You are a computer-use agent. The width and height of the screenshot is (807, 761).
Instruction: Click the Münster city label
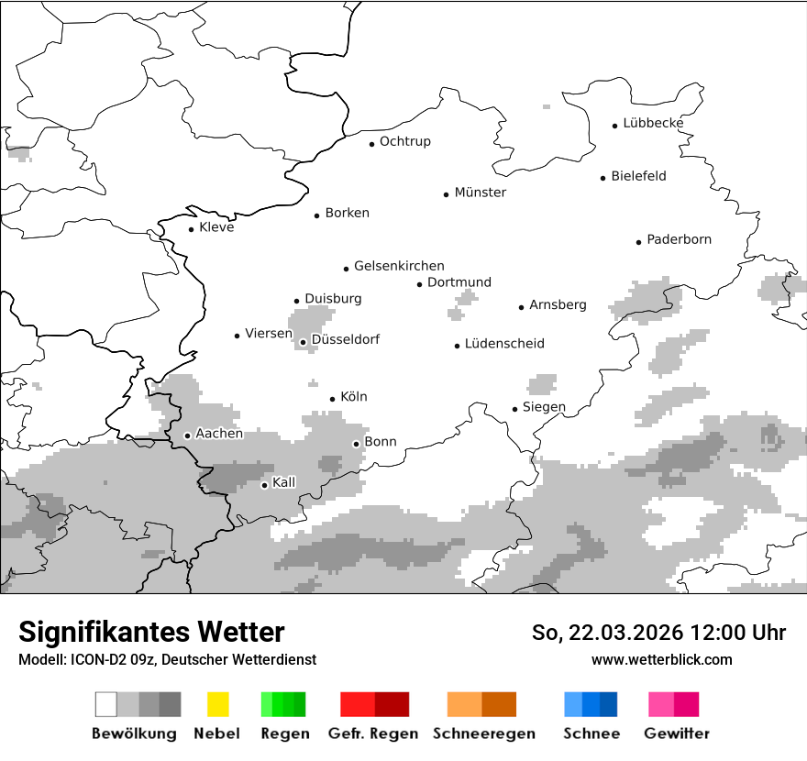[480, 193]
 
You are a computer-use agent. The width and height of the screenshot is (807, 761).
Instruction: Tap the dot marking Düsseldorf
[303, 342]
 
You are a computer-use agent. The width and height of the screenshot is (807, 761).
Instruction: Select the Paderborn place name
[679, 239]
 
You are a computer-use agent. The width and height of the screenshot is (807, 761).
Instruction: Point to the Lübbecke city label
[653, 123]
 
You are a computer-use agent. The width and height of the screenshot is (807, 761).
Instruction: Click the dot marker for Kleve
[191, 229]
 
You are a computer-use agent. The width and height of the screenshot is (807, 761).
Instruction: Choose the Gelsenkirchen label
[399, 266]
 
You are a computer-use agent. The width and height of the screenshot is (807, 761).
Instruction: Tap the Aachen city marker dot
[187, 436]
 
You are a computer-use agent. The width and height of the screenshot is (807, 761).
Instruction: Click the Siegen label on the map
[544, 407]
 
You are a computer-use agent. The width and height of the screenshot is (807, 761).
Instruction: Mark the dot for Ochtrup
[371, 143]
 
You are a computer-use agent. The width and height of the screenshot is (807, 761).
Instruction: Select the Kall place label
[284, 482]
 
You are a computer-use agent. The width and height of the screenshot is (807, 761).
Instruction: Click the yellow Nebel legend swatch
[217, 704]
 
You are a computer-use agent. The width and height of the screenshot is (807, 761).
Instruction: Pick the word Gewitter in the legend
[676, 733]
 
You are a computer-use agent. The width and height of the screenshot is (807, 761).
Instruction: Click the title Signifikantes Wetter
[151, 632]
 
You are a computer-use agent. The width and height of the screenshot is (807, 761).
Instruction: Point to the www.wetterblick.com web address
[661, 659]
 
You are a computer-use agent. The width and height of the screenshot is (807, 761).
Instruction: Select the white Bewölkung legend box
[105, 704]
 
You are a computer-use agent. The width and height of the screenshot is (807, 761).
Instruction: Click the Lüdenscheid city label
[504, 344]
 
